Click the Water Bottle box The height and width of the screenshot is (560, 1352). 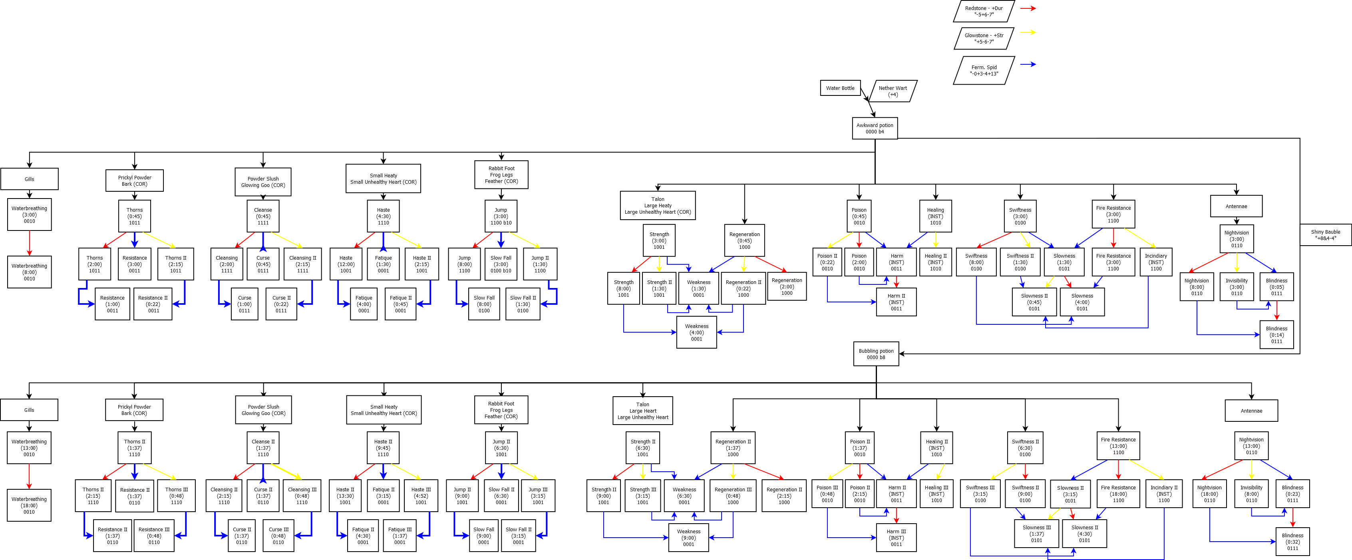pos(840,88)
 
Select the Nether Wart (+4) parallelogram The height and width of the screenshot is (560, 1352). pos(893,91)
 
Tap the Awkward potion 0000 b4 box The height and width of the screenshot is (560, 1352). pos(875,128)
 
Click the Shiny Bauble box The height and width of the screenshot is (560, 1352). pos(1325,234)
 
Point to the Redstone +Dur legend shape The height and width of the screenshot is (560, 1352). pos(984,11)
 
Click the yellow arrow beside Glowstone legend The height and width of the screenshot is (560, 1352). pos(1028,32)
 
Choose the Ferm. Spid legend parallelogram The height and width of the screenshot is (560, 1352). pos(984,70)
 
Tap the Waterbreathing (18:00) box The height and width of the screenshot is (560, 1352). pos(29,505)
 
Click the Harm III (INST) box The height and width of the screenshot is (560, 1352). pos(896,537)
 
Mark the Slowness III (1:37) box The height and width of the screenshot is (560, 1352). pos(1036,534)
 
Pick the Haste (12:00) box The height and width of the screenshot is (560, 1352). pos(345,264)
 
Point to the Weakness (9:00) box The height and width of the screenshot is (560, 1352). pos(688,537)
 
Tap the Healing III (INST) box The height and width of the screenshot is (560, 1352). pos(936,494)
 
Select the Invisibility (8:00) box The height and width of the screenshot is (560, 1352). pos(1251,494)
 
